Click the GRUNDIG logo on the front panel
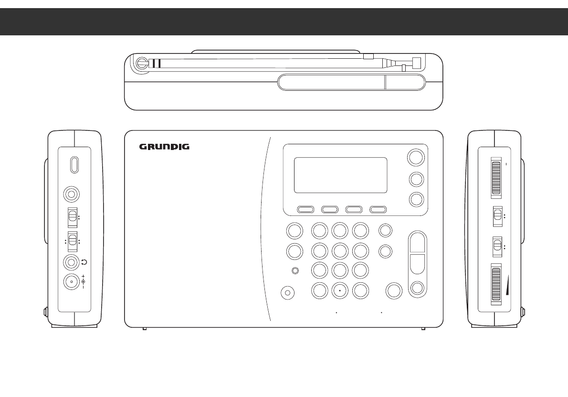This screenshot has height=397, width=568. point(164,147)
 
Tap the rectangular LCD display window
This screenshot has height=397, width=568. point(340,175)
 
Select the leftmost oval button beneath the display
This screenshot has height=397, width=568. point(305,209)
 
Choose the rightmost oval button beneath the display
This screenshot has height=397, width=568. point(378,209)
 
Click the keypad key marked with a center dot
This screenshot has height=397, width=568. point(339,290)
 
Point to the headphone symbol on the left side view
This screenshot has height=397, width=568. point(84,262)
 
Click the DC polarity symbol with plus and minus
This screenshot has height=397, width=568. point(84,282)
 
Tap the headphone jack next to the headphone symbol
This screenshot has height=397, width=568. point(72,262)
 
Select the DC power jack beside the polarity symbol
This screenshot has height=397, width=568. point(72,282)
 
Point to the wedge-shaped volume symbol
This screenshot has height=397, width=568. point(505,289)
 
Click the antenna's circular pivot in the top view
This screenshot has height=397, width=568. point(141,63)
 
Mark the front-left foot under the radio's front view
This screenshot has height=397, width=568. point(145,329)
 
